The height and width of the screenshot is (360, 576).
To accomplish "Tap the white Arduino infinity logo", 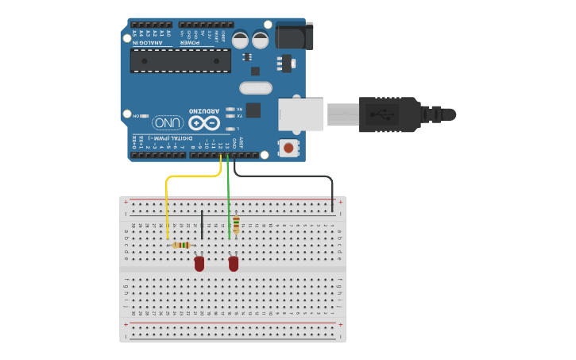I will tap(203, 123).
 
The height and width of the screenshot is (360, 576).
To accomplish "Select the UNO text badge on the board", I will tap(168, 122).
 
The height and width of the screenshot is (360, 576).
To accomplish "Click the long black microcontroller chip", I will tap(180, 60).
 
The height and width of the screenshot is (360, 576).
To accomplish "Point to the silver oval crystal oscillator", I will tap(255, 87).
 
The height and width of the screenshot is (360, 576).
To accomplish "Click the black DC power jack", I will tap(294, 37).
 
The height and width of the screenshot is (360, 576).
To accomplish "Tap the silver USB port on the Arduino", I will tap(301, 114).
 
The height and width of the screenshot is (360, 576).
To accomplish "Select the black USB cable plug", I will tap(389, 114).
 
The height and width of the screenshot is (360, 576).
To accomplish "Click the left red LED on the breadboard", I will tap(199, 263).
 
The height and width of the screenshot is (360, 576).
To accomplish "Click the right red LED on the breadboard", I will tap(234, 263).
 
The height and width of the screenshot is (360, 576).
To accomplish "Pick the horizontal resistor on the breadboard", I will tap(181, 245).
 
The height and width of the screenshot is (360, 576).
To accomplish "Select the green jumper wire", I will tap(229, 199).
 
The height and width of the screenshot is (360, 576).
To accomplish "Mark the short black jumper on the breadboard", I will tap(203, 224).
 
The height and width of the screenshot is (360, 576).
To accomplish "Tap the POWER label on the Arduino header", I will tap(193, 41).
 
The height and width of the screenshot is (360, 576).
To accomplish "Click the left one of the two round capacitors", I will tap(240, 39).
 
